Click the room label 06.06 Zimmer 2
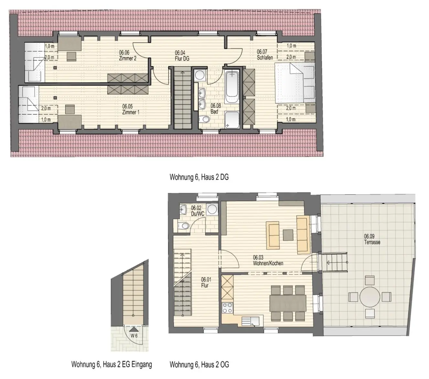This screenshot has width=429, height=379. click(127, 55)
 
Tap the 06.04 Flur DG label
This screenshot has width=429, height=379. click(182, 56)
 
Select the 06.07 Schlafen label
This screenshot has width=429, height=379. click(265, 55)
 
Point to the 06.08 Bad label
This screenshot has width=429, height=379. click(216, 108)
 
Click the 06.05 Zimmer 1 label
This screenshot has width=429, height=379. click(131, 109)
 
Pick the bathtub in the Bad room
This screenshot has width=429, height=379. click(232, 87)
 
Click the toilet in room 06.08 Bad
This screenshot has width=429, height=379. click(204, 119)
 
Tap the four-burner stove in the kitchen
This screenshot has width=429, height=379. click(227, 308)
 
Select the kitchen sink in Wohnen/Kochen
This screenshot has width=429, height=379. click(251, 321)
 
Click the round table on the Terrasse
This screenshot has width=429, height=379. click(370, 297)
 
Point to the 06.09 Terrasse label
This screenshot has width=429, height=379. click(372, 239)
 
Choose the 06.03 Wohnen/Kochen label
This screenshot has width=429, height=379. click(268, 260)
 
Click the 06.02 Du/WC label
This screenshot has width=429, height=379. click(197, 211)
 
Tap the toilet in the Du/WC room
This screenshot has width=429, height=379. click(183, 226)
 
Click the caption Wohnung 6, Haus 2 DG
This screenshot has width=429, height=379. click(199, 177)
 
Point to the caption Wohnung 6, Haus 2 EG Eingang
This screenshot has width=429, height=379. click(112, 364)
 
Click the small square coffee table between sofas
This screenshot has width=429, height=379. click(288, 235)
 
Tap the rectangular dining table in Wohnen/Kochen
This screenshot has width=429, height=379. click(288, 303)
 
